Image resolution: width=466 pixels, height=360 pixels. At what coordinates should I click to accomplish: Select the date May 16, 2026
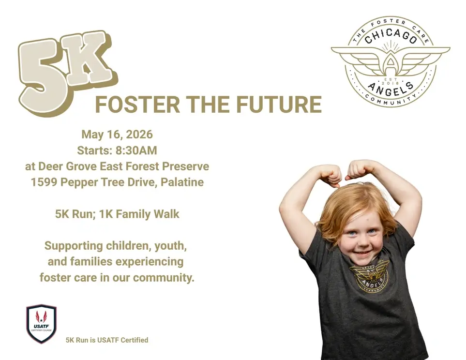pos(117,134)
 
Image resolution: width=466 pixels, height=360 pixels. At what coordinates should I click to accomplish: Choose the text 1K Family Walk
pos(139,214)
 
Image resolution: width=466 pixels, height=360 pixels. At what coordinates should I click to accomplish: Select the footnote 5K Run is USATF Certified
pos(106,340)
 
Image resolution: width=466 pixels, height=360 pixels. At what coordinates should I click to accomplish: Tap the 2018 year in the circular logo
pos(390,82)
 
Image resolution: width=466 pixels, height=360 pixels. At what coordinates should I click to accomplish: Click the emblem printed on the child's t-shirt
pos(369,276)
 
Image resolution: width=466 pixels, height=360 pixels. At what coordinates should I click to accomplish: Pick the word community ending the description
pos(162,278)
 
